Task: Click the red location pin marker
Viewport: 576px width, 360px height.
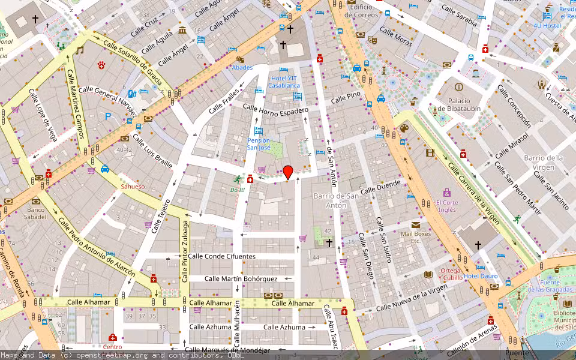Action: [x=288, y=172]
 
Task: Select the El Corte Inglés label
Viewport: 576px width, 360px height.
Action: [x=448, y=206]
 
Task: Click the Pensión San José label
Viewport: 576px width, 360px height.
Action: [x=259, y=144]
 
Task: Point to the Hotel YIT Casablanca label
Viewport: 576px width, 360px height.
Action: [x=284, y=82]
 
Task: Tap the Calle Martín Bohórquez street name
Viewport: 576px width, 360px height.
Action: [x=241, y=278]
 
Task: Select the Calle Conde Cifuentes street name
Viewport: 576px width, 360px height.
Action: [x=221, y=256]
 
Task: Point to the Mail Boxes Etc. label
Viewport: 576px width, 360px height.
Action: [x=416, y=237]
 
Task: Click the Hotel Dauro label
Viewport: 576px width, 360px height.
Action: [x=481, y=276]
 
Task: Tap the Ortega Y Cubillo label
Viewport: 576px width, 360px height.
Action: [x=450, y=274]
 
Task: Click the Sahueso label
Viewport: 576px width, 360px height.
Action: [x=133, y=187]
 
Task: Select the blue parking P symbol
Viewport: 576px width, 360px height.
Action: [x=109, y=117]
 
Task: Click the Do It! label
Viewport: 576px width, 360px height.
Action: [x=238, y=190]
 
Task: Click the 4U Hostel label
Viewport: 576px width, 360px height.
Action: [x=551, y=26]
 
